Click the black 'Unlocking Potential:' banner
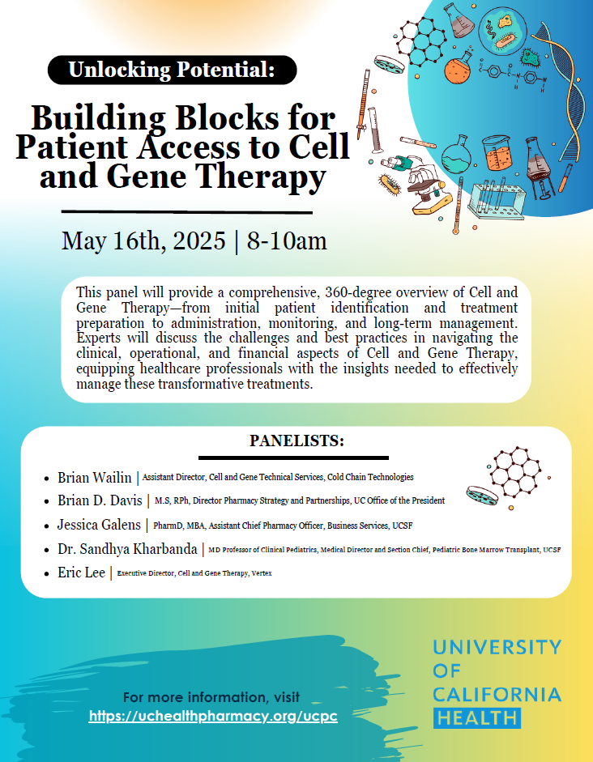[x=172, y=70]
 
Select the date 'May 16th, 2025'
[x=143, y=241]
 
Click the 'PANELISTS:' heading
[x=296, y=441]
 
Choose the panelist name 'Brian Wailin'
[x=94, y=478]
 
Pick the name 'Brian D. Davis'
[x=100, y=500]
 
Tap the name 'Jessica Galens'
[x=99, y=525]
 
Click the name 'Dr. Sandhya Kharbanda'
[x=127, y=549]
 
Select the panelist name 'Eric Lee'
[x=81, y=573]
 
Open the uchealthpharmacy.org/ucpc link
[x=213, y=716]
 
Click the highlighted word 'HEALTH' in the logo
[x=476, y=717]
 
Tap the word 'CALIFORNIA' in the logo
[x=497, y=694]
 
